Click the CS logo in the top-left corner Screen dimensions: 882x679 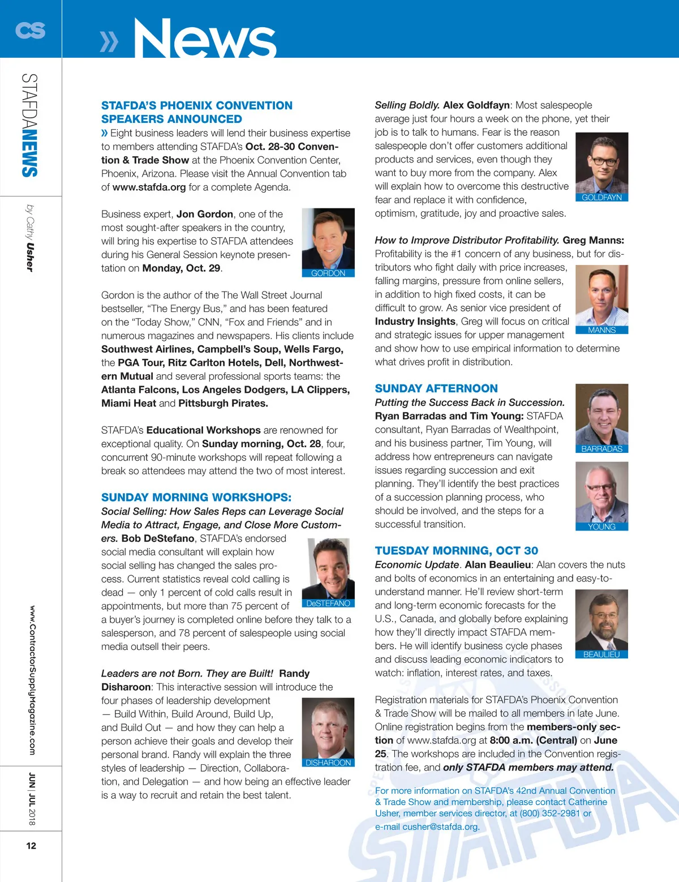pos(30,30)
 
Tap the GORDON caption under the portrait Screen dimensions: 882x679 pos(328,273)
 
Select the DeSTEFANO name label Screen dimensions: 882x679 pos(328,603)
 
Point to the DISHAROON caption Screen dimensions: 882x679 pos(328,763)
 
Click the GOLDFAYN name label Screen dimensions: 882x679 pos(601,198)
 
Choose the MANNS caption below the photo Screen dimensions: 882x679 pos(601,330)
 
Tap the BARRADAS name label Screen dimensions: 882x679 pos(601,449)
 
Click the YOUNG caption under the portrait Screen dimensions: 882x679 pos(601,526)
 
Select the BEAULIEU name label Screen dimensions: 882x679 pos(601,654)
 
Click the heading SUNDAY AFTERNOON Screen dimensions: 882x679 pos(436,388)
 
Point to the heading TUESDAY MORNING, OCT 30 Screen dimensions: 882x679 pos(456,551)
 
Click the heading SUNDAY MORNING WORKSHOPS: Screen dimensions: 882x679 pos(196,498)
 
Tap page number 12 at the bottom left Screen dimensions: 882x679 pos(31,846)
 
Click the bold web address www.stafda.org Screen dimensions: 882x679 pos(149,187)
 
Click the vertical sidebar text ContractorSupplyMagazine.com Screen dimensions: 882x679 pos(32,680)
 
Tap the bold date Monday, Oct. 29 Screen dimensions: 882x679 pos(181,268)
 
